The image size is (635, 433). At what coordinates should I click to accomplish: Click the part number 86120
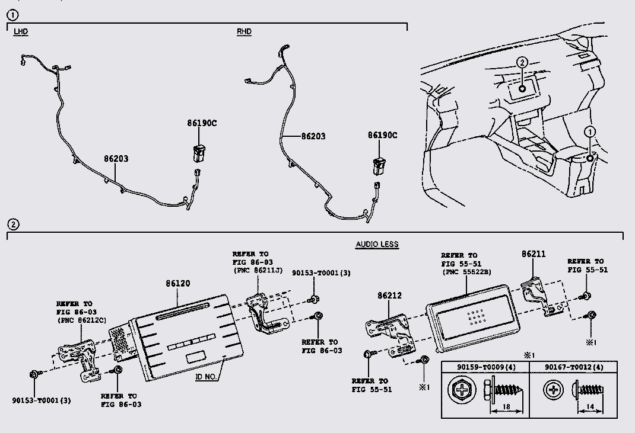click(x=178, y=284)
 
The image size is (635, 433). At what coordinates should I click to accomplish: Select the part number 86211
click(x=534, y=254)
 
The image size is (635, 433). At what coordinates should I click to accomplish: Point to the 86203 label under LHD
click(x=116, y=159)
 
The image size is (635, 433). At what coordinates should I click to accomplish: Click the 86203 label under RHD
click(x=313, y=136)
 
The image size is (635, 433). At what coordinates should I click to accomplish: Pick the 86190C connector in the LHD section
click(x=198, y=153)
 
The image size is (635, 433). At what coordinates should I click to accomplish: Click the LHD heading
click(x=21, y=31)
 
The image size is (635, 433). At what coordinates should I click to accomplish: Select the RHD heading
click(x=244, y=31)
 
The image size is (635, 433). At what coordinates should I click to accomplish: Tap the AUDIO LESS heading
click(x=377, y=244)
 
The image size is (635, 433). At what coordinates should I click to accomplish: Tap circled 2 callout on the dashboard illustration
click(x=522, y=62)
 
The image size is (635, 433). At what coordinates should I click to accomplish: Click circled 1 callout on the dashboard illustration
click(x=589, y=131)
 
